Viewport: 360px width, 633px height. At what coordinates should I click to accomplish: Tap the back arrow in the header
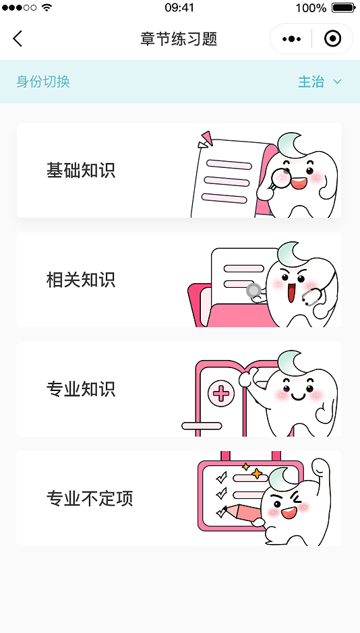[18, 38]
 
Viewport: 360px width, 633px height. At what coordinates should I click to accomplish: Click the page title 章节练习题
[179, 39]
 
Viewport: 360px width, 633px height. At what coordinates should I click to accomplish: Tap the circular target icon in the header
[332, 38]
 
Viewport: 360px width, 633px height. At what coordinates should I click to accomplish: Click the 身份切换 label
[43, 82]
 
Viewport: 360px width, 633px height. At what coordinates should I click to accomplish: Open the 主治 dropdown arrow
[337, 82]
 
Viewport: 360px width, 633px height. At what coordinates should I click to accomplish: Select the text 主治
[311, 82]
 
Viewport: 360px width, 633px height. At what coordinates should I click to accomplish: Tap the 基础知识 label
[81, 171]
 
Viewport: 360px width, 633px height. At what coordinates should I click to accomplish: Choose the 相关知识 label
[81, 280]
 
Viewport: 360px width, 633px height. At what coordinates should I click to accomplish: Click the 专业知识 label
[81, 389]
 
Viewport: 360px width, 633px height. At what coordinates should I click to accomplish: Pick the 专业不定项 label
[90, 499]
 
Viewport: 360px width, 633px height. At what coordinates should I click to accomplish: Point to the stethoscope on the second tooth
[313, 297]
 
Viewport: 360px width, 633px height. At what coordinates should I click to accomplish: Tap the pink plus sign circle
[220, 394]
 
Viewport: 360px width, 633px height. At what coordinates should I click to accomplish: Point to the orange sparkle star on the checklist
[256, 473]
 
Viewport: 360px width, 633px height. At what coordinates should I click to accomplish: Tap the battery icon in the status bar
[343, 7]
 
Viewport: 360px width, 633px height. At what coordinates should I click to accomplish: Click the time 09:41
[179, 7]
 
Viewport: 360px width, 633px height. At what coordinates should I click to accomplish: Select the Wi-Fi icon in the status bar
[47, 7]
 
